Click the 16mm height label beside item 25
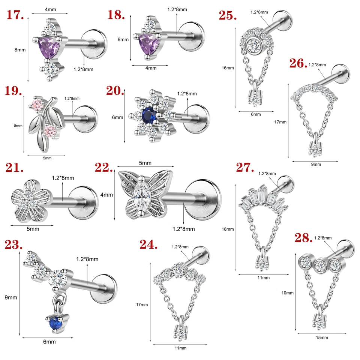pyautogui.click(x=227, y=68)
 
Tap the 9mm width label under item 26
pyautogui.click(x=316, y=164)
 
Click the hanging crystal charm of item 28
pyautogui.click(x=319, y=321)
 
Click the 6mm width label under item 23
pyautogui.click(x=49, y=342)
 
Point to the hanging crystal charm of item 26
pyautogui.click(x=314, y=149)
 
